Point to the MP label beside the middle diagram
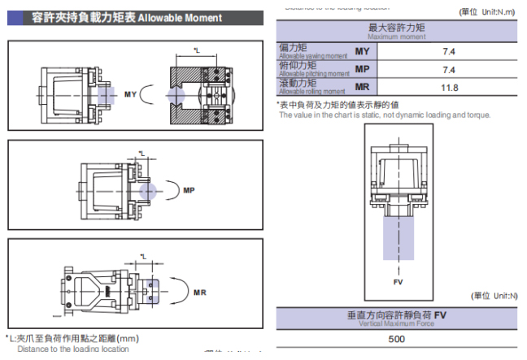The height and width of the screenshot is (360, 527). click(189, 191)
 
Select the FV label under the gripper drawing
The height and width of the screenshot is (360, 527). click(399, 283)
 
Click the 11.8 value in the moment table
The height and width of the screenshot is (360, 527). click(449, 87)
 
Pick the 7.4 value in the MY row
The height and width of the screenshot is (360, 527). click(449, 51)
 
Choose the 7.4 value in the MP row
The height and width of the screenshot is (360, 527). click(449, 69)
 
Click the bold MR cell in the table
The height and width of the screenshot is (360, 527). click(363, 87)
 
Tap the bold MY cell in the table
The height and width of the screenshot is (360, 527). click(363, 51)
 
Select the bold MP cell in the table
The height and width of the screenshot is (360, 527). click(363, 69)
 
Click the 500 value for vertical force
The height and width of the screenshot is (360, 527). click(397, 339)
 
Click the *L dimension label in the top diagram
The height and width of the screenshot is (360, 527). click(197, 50)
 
